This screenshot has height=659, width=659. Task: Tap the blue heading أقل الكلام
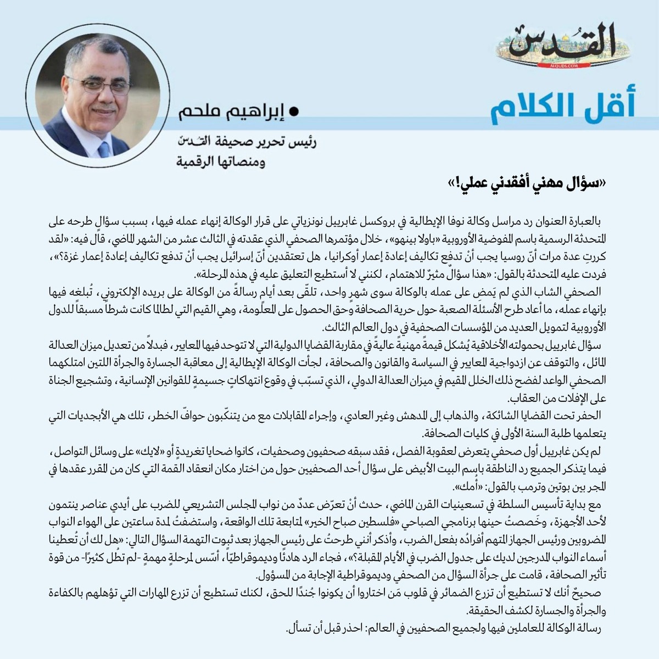pos(562,107)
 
